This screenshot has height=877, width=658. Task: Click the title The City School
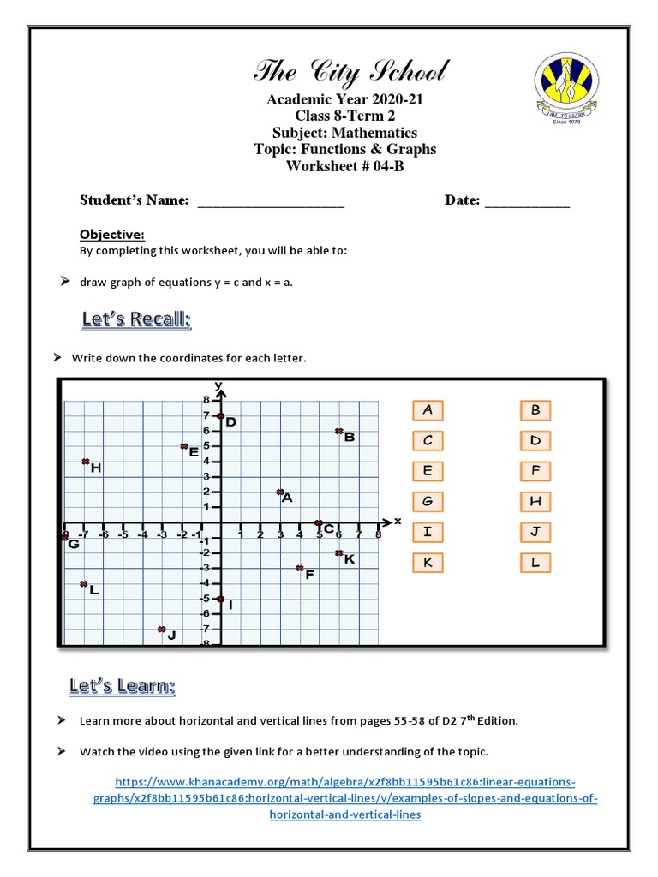[x=349, y=71]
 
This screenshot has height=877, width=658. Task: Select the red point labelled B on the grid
[x=338, y=431]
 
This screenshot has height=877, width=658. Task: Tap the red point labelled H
[x=85, y=462]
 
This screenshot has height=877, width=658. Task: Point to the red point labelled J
[x=161, y=629]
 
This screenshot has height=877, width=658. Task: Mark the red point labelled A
[x=280, y=492]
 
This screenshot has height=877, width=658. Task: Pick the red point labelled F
[x=299, y=568]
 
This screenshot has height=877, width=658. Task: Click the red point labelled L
[x=84, y=583]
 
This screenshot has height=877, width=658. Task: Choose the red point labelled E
[x=183, y=446]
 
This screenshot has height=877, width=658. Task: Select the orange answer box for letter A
[x=428, y=410]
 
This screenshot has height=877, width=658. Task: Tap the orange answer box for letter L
[x=535, y=563]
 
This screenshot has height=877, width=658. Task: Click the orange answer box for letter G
[x=428, y=501]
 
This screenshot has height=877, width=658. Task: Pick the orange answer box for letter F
[x=535, y=470]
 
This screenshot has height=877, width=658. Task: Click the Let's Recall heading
[x=137, y=320]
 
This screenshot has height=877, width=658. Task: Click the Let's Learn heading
[x=123, y=686]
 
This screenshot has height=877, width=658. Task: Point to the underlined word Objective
[x=111, y=234]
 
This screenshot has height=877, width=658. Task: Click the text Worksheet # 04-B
[x=344, y=165]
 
